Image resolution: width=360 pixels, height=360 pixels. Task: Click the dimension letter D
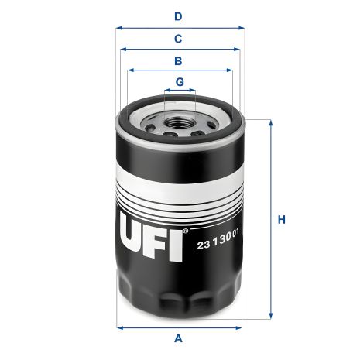click(x=179, y=15)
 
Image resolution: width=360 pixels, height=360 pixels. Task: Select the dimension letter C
click(x=179, y=38)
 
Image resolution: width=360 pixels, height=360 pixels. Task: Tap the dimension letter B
click(x=179, y=60)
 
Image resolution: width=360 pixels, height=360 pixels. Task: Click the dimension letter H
click(x=283, y=220)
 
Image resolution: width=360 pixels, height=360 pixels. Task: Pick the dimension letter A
click(x=179, y=338)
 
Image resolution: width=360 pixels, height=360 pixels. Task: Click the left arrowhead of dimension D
click(x=118, y=27)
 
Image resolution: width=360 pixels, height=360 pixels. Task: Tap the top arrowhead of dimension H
click(x=270, y=123)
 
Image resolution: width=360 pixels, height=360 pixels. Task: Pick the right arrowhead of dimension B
click(x=230, y=70)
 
